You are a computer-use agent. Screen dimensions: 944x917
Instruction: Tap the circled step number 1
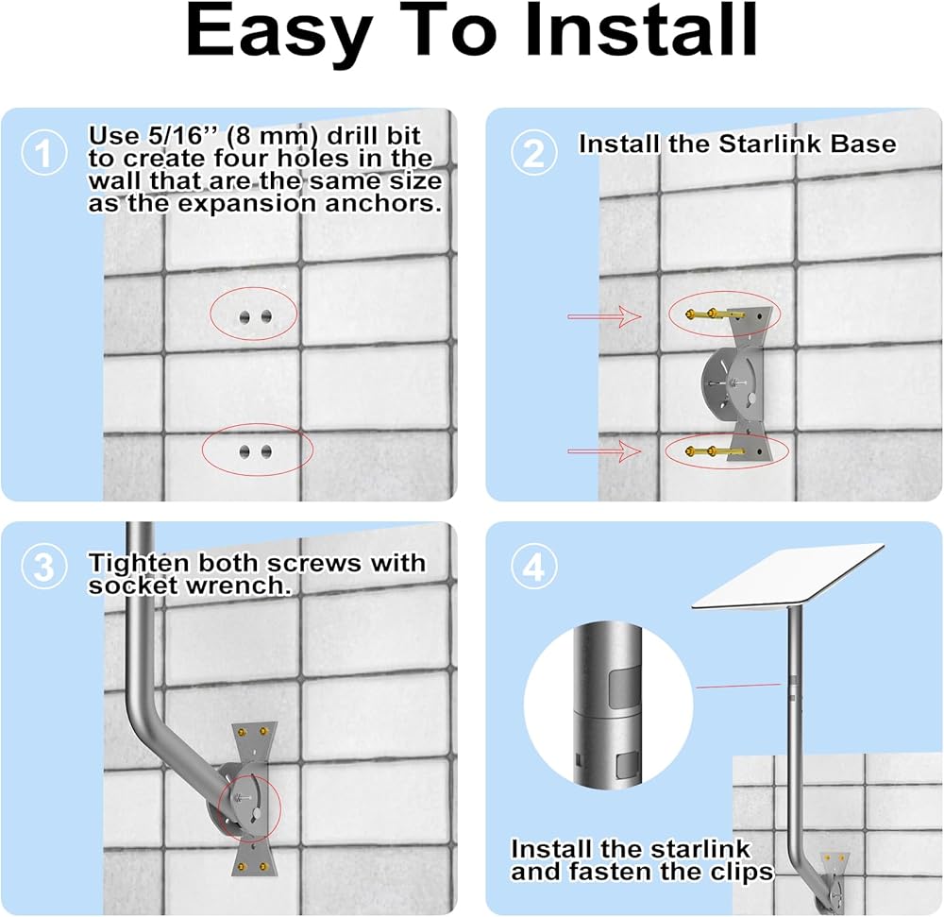coord(44,152)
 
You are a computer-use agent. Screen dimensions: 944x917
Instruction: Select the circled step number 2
coord(534,152)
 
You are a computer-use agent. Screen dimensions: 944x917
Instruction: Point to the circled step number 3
coord(44,566)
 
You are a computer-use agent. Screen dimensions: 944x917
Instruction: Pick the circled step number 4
coord(534,566)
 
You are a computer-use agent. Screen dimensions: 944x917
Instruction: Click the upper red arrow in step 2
coord(604,315)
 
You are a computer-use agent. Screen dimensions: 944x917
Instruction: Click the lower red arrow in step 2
coord(604,450)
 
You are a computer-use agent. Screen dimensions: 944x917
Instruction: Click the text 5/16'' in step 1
coord(177,136)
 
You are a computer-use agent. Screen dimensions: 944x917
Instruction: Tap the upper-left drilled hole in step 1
coord(244,316)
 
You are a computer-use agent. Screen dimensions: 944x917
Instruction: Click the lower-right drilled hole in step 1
coord(266,451)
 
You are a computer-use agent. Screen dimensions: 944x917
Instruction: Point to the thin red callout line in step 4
coord(738,686)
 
